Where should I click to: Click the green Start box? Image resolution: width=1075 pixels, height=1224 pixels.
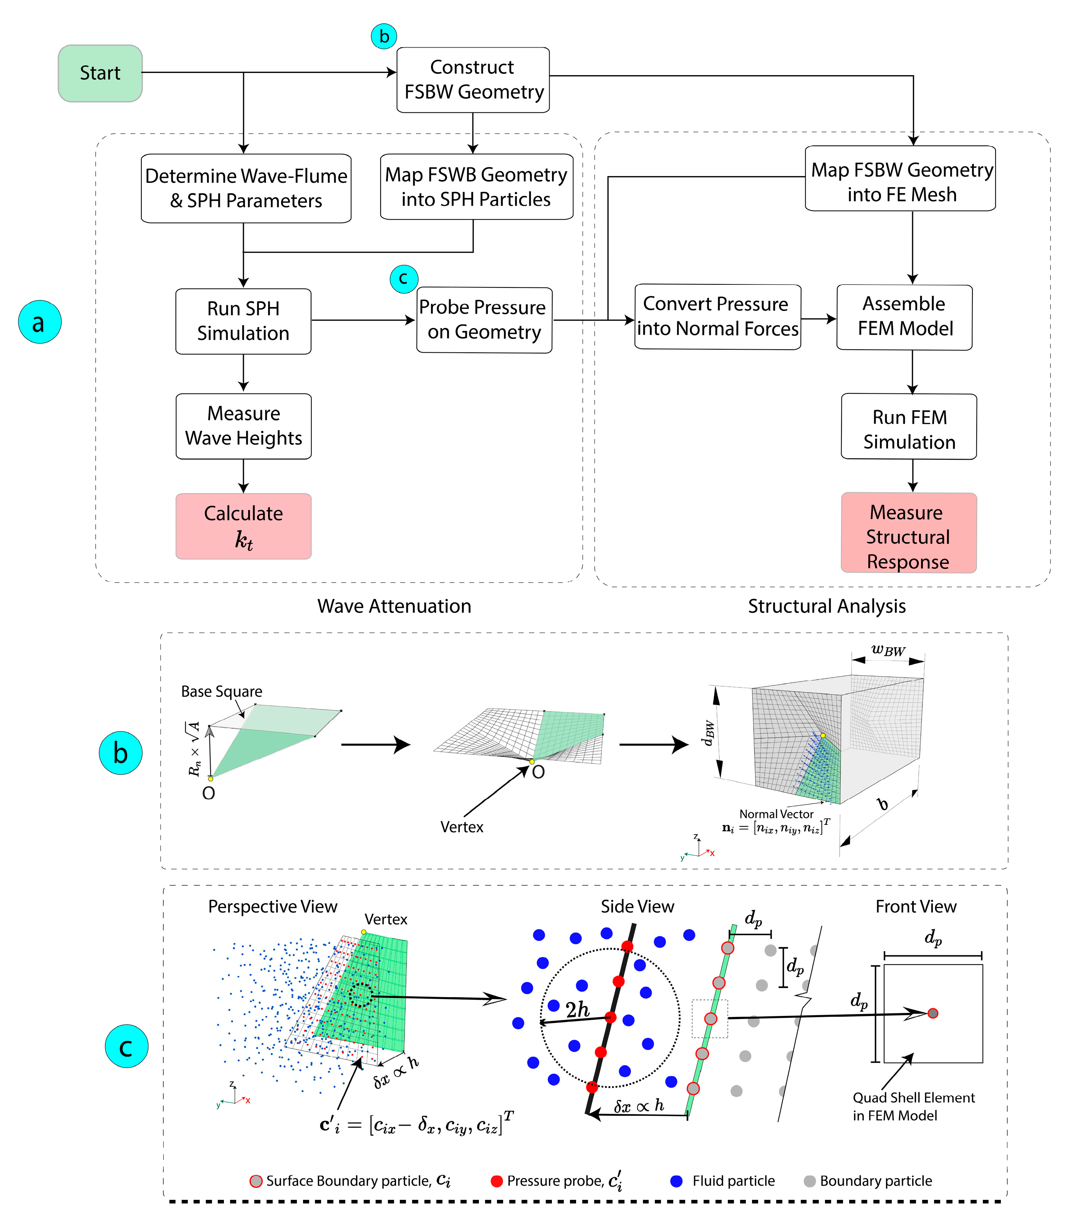click(x=100, y=73)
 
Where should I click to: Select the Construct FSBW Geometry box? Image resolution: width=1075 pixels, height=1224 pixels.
click(x=473, y=80)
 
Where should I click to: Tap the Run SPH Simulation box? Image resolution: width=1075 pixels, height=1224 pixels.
click(x=243, y=321)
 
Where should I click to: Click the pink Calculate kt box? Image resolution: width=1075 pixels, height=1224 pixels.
click(x=243, y=526)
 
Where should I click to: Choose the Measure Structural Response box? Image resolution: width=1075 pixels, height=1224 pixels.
click(x=908, y=533)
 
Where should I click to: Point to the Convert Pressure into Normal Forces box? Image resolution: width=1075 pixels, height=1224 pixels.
click(x=717, y=317)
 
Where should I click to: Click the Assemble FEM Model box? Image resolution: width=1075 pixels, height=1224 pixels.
click(x=904, y=317)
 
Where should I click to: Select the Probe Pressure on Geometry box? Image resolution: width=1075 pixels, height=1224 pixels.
click(x=484, y=320)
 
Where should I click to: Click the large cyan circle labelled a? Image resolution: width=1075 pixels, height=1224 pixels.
click(x=40, y=322)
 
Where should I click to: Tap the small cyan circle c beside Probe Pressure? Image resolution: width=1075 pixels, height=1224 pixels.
click(x=403, y=278)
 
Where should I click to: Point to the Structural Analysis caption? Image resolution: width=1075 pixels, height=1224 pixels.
click(x=827, y=606)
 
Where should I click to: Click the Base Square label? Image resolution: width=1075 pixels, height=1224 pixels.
click(x=221, y=692)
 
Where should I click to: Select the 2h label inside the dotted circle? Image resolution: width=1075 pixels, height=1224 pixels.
click(x=577, y=1009)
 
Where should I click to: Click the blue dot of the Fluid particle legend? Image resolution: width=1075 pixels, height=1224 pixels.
click(x=676, y=1181)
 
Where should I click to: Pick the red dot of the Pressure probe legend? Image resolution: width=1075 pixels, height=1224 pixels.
click(x=496, y=1181)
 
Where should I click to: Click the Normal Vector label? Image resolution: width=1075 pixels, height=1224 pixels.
click(x=776, y=814)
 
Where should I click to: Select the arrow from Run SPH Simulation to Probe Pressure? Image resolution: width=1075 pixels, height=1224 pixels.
click(x=363, y=320)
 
